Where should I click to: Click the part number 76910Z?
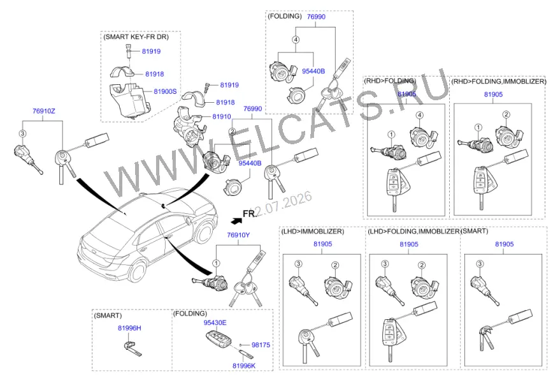44,111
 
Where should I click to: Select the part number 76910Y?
238,235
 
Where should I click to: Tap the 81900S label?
165,91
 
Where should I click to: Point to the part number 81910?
222,116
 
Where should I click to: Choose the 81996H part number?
129,328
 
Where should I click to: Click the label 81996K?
244,366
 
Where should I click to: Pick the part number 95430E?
215,322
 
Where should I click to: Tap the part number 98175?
261,345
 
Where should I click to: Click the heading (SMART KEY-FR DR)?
136,37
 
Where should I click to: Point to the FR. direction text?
250,214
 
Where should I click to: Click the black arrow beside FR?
236,220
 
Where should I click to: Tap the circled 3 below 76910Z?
22,133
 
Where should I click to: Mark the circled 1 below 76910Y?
216,263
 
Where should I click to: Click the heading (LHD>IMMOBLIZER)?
313,231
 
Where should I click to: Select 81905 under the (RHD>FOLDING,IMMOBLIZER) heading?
493,94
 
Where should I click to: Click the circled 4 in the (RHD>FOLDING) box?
420,115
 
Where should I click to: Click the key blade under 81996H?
133,349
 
